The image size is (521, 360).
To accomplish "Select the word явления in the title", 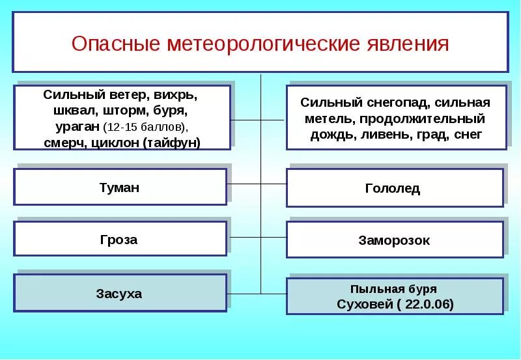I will [x=405, y=44].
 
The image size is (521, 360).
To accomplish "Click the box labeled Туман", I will [x=120, y=187].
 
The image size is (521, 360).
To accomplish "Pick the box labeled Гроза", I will [x=120, y=240].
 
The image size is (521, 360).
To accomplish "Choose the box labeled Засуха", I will [x=120, y=294].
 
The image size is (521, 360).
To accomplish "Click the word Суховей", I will [x=362, y=303].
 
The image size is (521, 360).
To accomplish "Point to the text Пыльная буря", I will [x=393, y=288].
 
